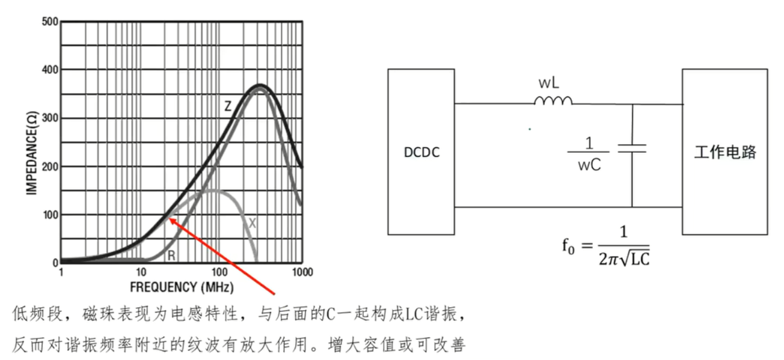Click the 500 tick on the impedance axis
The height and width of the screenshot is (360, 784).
click(x=51, y=22)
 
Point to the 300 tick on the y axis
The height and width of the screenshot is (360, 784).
click(x=51, y=118)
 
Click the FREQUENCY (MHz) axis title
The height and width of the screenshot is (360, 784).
click(x=182, y=287)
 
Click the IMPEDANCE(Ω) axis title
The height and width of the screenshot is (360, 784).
click(x=31, y=142)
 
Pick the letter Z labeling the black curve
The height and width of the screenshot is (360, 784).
click(x=228, y=106)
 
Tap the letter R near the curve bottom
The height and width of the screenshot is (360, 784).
click(x=171, y=256)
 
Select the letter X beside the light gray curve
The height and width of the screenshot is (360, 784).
click(x=253, y=224)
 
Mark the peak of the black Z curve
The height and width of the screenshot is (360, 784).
click(x=260, y=85)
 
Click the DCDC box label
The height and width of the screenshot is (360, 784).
click(x=421, y=152)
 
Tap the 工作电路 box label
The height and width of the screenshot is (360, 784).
click(x=724, y=152)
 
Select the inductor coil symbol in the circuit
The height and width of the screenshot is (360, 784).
click(x=553, y=101)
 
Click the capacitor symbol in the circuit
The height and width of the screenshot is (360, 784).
click(x=632, y=148)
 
